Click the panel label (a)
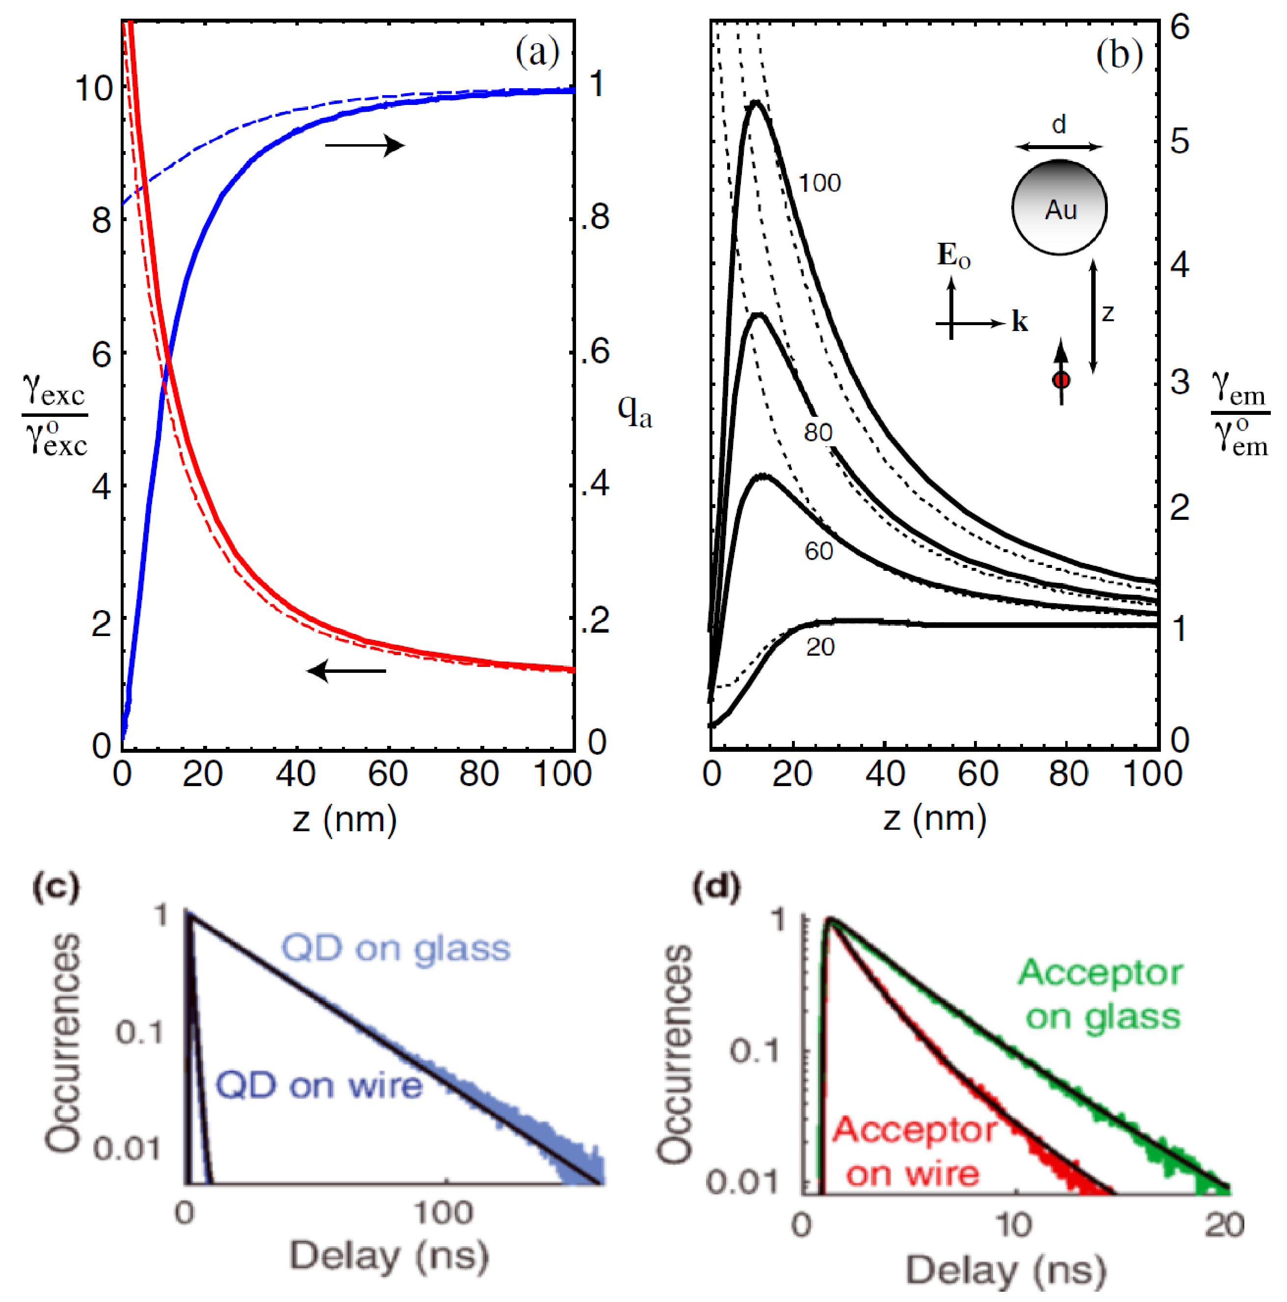pyautogui.click(x=537, y=52)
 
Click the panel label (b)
pyautogui.click(x=1118, y=54)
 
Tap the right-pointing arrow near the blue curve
pyautogui.click(x=365, y=145)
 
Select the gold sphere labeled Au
pyautogui.click(x=1059, y=207)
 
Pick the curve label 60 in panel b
pyautogui.click(x=818, y=552)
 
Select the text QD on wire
pyautogui.click(x=319, y=1086)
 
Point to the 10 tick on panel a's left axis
pyautogui.click(x=93, y=88)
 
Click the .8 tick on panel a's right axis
pyautogui.click(x=595, y=217)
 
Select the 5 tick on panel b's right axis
pyautogui.click(x=1179, y=142)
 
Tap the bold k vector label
pyautogui.click(x=1020, y=322)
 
